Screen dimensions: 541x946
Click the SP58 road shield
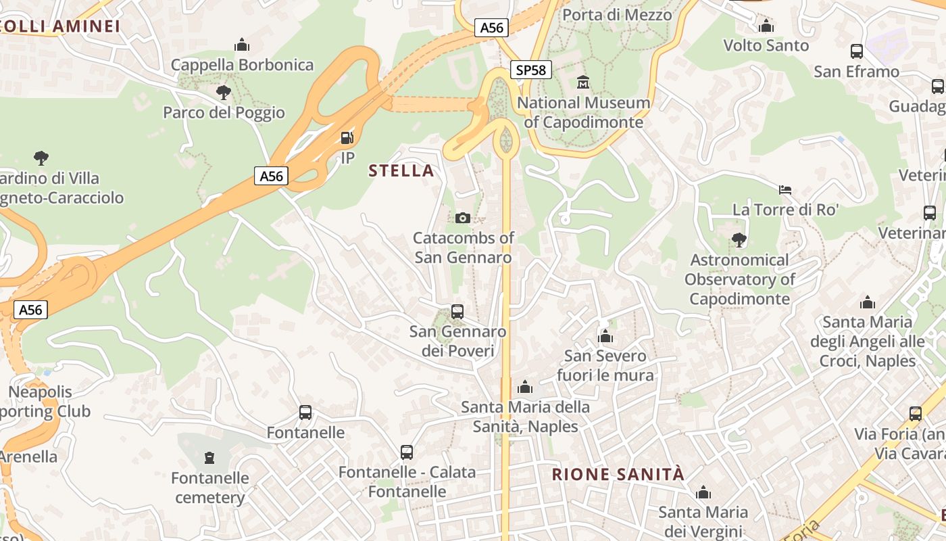pyautogui.click(x=530, y=70)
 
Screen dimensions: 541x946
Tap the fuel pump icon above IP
pyautogui.click(x=347, y=138)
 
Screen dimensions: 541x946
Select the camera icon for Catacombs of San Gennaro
pyautogui.click(x=463, y=218)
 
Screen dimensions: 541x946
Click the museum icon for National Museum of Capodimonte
pyautogui.click(x=583, y=83)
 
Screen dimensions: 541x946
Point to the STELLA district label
pyautogui.click(x=401, y=170)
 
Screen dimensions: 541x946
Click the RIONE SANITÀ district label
pyautogui.click(x=618, y=474)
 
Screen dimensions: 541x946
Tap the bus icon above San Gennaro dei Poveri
pyautogui.click(x=457, y=312)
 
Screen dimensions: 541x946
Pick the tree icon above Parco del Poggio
pyautogui.click(x=224, y=93)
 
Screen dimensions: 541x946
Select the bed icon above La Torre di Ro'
pyautogui.click(x=785, y=190)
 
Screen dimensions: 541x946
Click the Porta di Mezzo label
pyautogui.click(x=617, y=15)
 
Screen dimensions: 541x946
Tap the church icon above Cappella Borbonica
pyautogui.click(x=242, y=45)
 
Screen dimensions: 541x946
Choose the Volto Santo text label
pyautogui.click(x=766, y=45)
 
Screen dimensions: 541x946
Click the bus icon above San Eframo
pyautogui.click(x=856, y=51)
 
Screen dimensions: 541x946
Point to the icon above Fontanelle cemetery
pyautogui.click(x=209, y=458)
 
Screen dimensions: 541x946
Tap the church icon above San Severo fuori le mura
pyautogui.click(x=605, y=336)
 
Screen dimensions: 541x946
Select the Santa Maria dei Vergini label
pyautogui.click(x=703, y=521)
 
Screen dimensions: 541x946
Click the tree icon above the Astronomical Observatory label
pyautogui.click(x=739, y=240)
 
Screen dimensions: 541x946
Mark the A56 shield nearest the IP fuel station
pyautogui.click(x=272, y=177)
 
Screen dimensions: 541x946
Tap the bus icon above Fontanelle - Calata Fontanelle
pyautogui.click(x=407, y=452)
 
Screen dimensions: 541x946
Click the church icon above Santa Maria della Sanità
pyautogui.click(x=525, y=387)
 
